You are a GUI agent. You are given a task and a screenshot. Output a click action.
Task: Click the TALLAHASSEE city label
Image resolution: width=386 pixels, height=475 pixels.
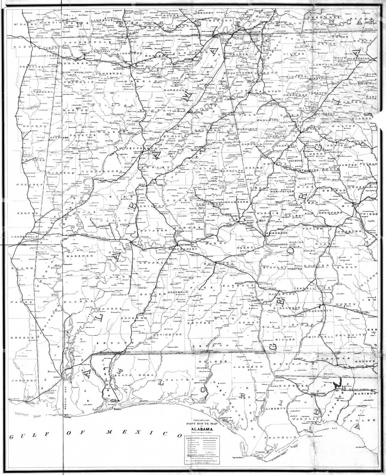pos(320,392)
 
